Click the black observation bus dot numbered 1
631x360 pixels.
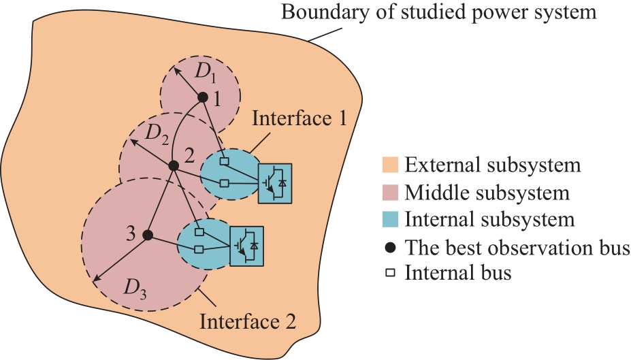click(203, 97)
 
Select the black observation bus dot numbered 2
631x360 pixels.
click(174, 165)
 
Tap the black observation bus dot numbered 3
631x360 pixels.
click(148, 235)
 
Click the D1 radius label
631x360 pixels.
click(206, 71)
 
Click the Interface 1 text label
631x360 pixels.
click(300, 118)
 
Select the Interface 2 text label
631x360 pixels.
click(248, 322)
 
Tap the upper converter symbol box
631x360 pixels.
click(275, 183)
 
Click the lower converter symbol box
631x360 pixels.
click(246, 246)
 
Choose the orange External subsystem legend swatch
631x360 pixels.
click(390, 165)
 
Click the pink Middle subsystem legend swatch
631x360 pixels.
click(390, 193)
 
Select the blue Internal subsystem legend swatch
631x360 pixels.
click(390, 220)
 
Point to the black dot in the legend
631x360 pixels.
click(390, 248)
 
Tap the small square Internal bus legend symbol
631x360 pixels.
click(390, 273)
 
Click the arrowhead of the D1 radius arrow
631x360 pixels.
click(176, 69)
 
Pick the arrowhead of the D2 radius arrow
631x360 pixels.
click(131, 141)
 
